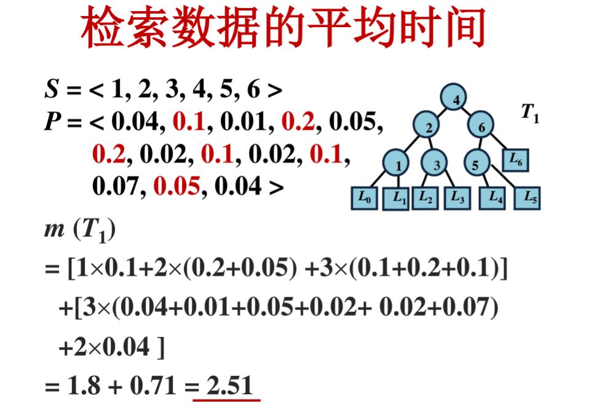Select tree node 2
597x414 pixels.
point(429,126)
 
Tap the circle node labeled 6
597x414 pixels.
point(482,126)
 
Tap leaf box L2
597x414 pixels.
point(425,198)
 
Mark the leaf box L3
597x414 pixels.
point(458,198)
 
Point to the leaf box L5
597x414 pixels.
point(528,199)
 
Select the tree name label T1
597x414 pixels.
point(530,113)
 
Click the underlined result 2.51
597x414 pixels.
point(229,386)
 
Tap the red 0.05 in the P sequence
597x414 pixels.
point(177,185)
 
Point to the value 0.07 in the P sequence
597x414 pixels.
point(116,185)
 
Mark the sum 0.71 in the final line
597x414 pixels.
point(156,386)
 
